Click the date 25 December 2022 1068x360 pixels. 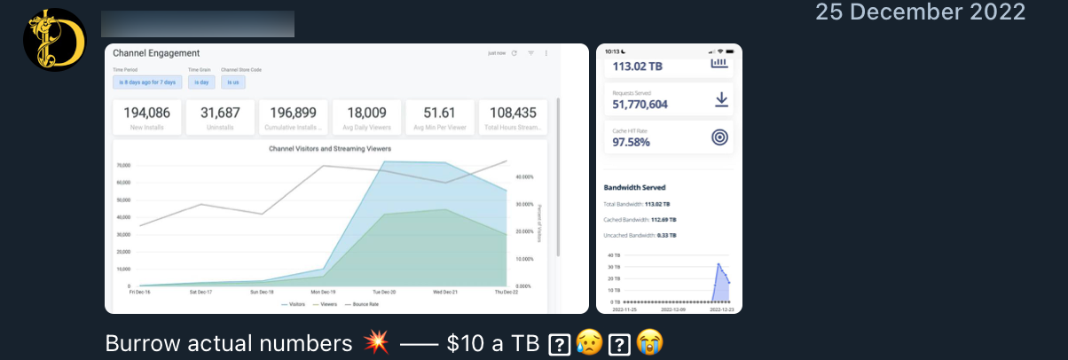(x=920, y=12)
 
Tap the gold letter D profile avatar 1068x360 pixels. (x=54, y=40)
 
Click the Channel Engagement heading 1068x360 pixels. (x=156, y=53)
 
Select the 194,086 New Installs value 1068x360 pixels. (x=147, y=113)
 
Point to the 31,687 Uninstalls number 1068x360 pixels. (x=220, y=113)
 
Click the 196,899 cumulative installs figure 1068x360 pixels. (x=293, y=113)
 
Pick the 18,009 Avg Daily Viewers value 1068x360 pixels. (x=366, y=113)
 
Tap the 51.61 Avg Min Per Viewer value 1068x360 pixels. (x=439, y=113)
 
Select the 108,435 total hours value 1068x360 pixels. (x=513, y=113)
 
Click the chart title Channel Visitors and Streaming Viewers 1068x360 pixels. (x=330, y=148)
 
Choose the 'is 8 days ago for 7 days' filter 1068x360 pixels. (x=147, y=82)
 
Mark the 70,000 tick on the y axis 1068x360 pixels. (x=122, y=166)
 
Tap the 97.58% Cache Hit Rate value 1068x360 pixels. (x=631, y=141)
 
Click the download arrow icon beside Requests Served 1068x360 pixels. (x=721, y=99)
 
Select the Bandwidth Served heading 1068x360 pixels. (x=634, y=188)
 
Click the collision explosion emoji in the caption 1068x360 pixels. (x=376, y=343)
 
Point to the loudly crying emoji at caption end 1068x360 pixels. (x=649, y=343)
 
